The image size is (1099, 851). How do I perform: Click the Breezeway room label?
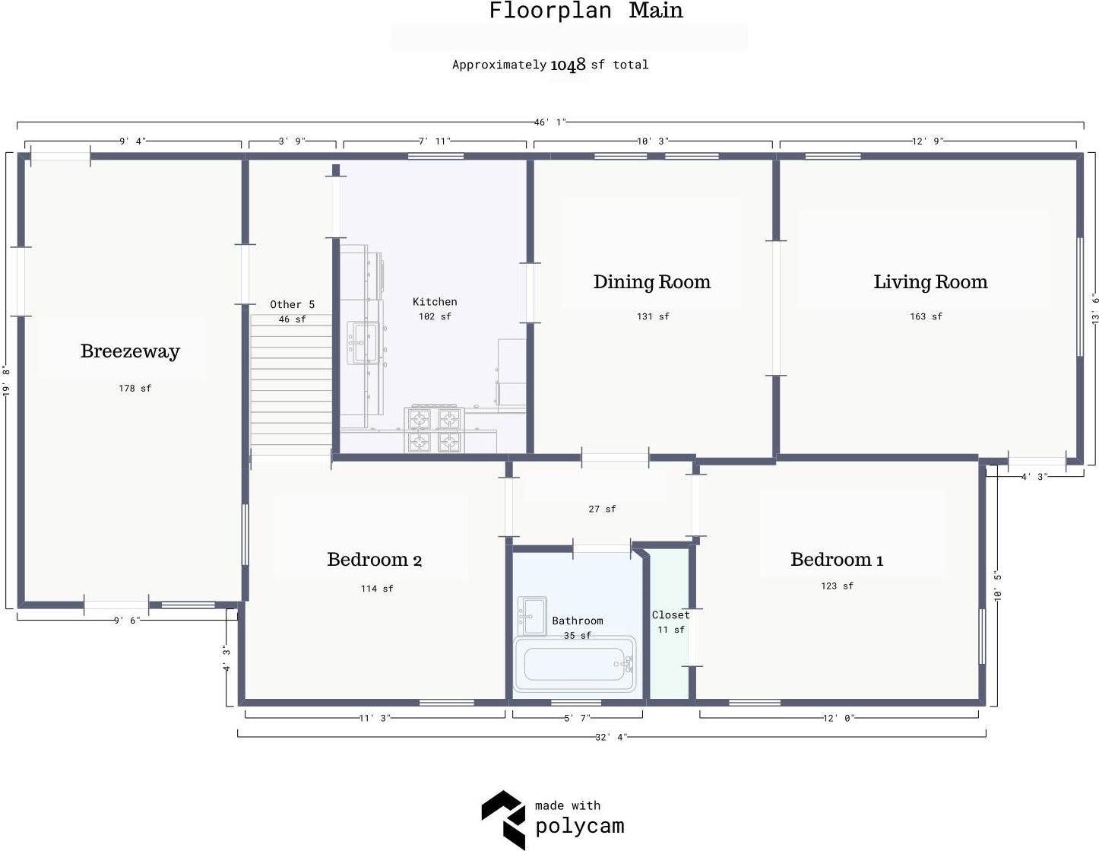tap(130, 351)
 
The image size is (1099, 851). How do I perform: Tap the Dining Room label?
tap(652, 282)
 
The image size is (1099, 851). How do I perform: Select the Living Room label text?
tap(930, 282)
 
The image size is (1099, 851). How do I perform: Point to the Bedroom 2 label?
tap(374, 560)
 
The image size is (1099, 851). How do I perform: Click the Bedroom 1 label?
tap(837, 560)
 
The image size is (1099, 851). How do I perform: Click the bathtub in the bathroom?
tap(575, 664)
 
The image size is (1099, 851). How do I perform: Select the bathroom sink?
tap(532, 616)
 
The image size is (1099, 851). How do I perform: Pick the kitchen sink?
tap(363, 343)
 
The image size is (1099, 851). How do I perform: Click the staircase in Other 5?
tap(291, 385)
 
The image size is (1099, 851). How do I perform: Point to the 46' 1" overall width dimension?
tap(550, 122)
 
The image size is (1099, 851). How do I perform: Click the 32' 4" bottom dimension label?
tap(611, 737)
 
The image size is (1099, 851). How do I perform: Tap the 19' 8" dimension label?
tap(6, 380)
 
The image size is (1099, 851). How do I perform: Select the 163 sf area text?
tap(926, 316)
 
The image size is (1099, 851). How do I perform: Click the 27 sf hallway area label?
tap(602, 509)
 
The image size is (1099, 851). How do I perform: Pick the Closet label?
tap(670, 614)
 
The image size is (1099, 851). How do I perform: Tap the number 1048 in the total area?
tap(568, 65)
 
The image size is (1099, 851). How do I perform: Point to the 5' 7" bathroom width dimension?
tap(577, 718)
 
